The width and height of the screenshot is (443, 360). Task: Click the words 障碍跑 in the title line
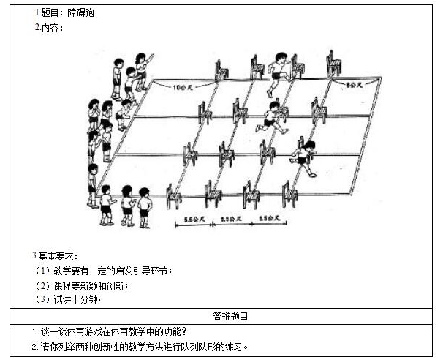pyautogui.click(x=80, y=13)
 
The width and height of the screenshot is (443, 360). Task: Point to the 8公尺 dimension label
pyautogui.click(x=354, y=86)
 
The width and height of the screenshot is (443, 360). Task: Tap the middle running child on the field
pyautogui.click(x=272, y=118)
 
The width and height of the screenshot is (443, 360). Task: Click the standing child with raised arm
pyautogui.click(x=142, y=70)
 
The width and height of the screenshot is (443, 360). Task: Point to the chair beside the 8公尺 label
pyautogui.click(x=334, y=64)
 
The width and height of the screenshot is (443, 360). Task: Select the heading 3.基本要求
pyautogui.click(x=55, y=255)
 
